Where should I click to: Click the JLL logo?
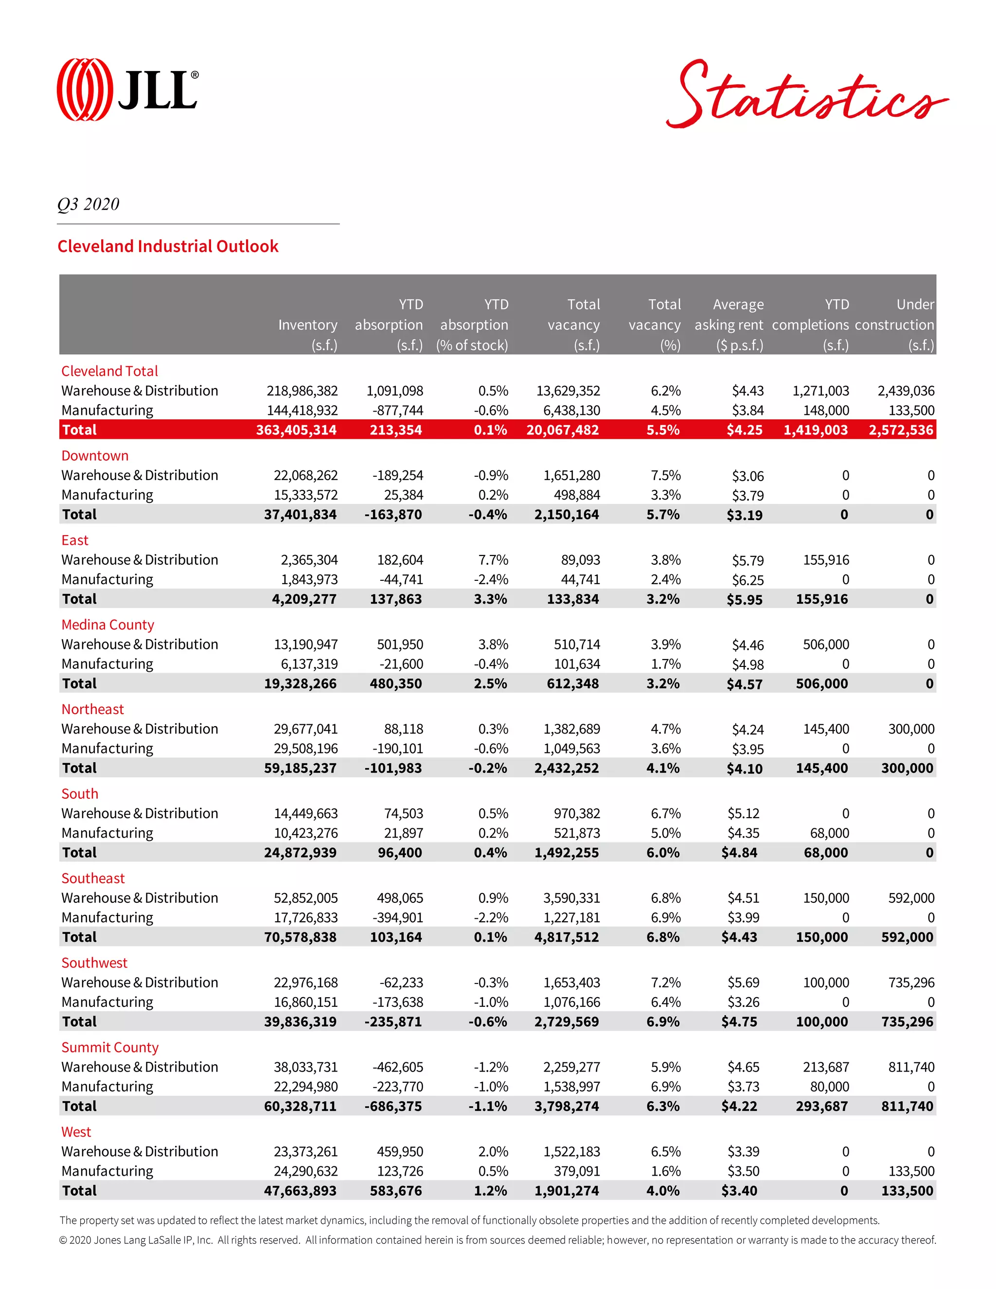click(127, 90)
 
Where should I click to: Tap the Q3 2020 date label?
click(89, 204)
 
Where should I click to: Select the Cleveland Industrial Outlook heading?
click(168, 246)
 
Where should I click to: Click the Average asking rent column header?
click(729, 324)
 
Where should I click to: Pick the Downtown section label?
click(95, 456)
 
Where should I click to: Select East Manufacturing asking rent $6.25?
click(747, 580)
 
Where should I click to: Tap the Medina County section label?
click(108, 625)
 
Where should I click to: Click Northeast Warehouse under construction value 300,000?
click(911, 729)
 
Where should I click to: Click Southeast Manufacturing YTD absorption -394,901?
click(398, 917)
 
